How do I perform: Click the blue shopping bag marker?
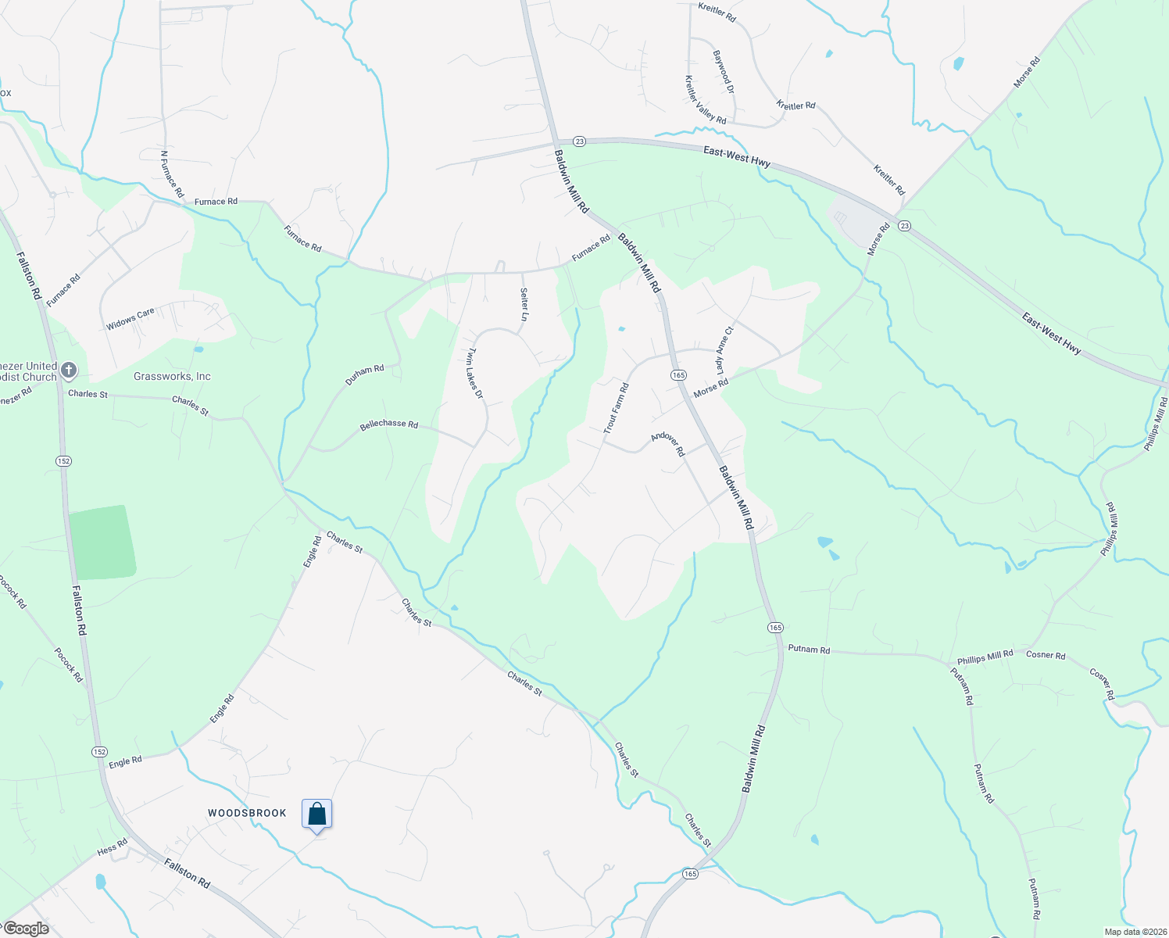(316, 814)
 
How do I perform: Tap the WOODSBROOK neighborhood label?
(247, 813)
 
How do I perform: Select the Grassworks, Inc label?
(172, 376)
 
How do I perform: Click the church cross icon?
(69, 370)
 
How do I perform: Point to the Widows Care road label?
(130, 318)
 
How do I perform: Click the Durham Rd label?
(365, 374)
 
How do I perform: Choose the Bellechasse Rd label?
(388, 424)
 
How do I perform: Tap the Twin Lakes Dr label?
(474, 374)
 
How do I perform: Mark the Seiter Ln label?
(524, 304)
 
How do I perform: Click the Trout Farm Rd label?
(616, 409)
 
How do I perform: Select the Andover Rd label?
(668, 444)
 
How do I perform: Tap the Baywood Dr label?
(724, 73)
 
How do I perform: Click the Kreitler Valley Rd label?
(705, 100)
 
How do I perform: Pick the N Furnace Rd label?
(172, 174)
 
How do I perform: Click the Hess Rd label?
(112, 848)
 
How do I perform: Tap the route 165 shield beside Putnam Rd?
(774, 628)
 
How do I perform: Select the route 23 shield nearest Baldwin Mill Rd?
(578, 141)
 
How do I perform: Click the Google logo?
(26, 929)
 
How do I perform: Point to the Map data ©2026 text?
(1135, 932)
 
